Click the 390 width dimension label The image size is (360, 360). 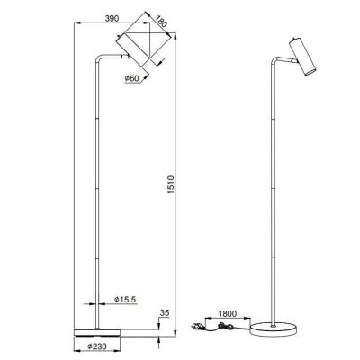[x=112, y=18]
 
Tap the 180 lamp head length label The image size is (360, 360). [x=160, y=21]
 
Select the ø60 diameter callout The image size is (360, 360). [x=131, y=78]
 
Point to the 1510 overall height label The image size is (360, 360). [x=171, y=184]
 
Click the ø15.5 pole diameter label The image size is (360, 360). [x=125, y=299]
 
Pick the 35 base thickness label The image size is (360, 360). [x=165, y=313]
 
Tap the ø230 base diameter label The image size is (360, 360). [x=97, y=346]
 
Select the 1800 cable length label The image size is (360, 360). [x=228, y=314]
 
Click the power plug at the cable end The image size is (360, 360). [x=197, y=326]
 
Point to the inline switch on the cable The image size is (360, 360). [x=223, y=326]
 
